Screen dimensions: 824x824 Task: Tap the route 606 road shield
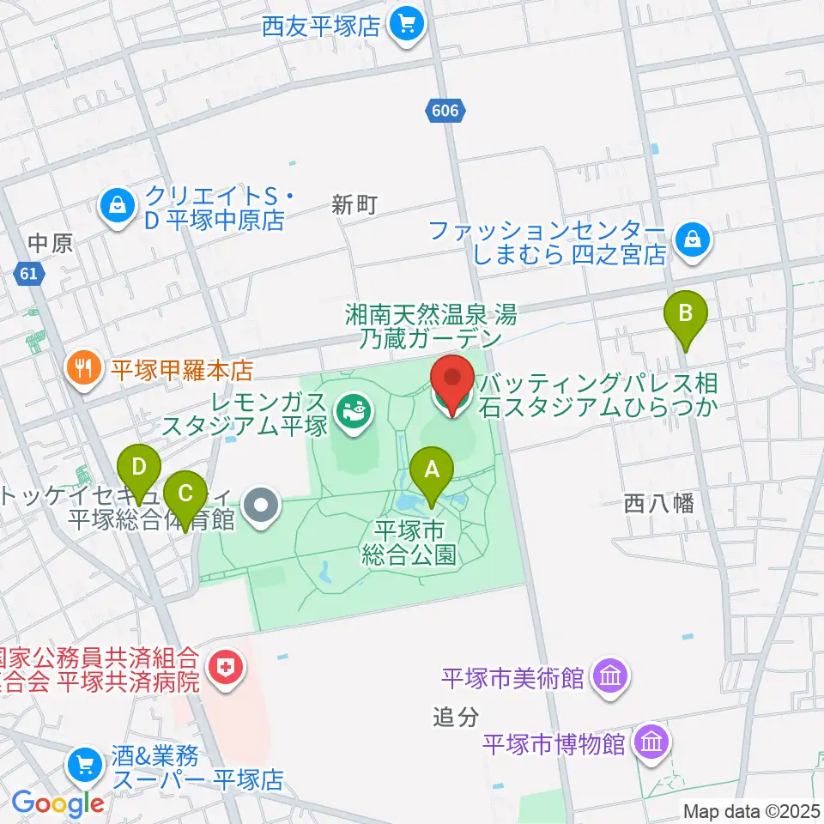445,110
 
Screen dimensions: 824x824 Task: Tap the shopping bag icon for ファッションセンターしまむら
691,240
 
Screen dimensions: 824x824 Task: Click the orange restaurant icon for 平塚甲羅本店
83,370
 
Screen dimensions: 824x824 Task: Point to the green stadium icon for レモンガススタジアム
352,412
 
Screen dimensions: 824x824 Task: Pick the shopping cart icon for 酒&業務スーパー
86,762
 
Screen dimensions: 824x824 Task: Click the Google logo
58,803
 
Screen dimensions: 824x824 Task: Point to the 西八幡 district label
659,503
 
